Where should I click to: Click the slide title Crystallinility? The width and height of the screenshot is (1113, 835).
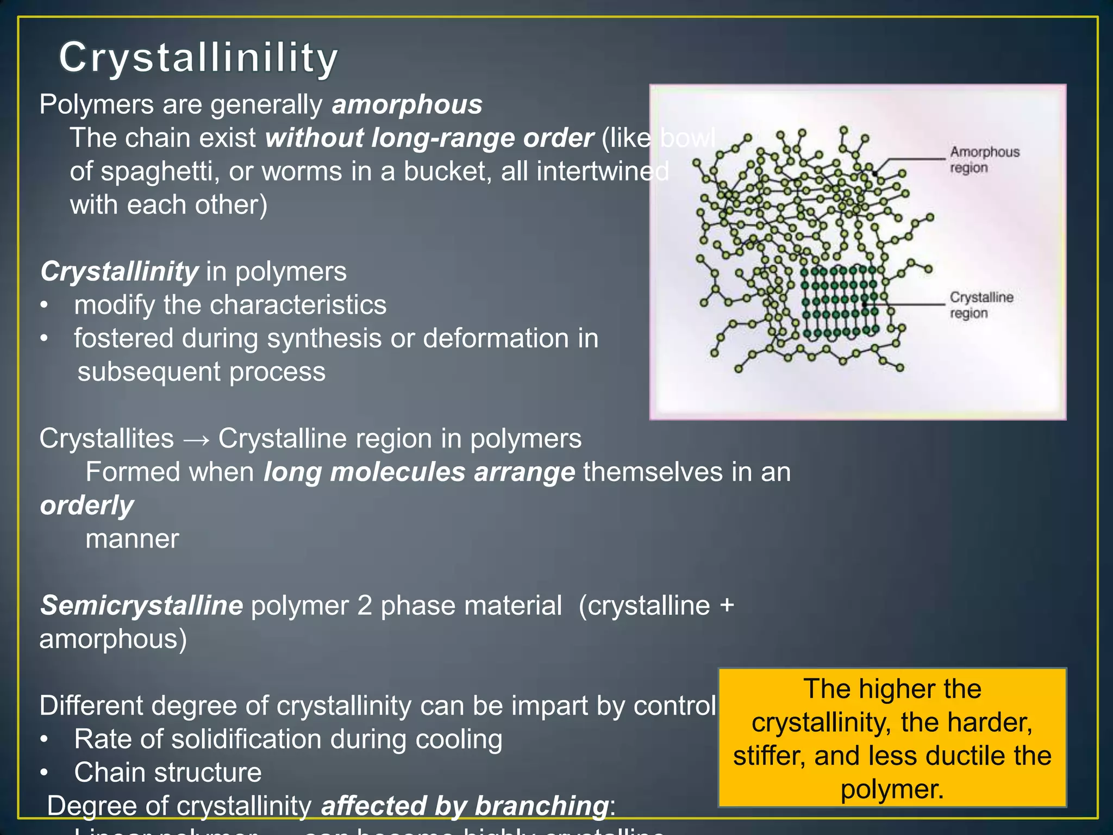point(198,57)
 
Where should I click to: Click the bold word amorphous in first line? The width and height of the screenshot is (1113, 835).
point(407,104)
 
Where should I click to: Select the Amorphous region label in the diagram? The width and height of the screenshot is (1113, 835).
point(984,159)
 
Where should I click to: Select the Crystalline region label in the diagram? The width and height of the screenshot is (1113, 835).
point(981,304)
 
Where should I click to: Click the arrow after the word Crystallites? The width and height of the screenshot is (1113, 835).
point(196,439)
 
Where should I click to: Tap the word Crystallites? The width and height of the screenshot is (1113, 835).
point(107,438)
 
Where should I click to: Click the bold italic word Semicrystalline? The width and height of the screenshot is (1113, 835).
point(141,605)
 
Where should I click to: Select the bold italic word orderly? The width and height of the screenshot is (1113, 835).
point(87,506)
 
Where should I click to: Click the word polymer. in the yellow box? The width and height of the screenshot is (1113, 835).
point(892,789)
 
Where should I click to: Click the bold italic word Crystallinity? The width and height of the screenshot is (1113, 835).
point(120,271)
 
